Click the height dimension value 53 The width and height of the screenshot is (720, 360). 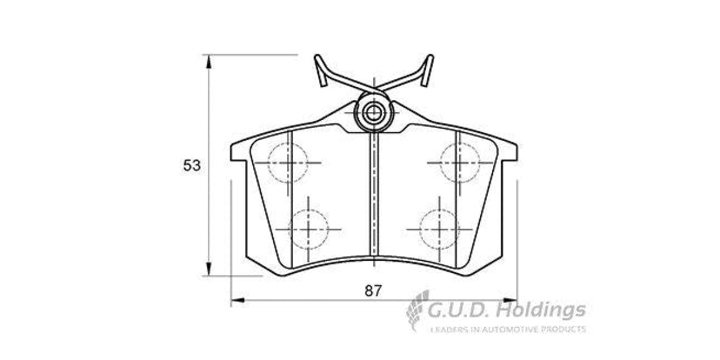coord(192,166)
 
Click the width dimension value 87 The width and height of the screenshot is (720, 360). coord(373,291)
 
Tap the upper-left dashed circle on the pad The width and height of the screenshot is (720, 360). coord(287,163)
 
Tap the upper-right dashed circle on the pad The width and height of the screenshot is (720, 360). coord(460,162)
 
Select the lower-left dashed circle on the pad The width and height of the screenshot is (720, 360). coord(308,229)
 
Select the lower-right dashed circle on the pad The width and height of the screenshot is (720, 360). coord(440,229)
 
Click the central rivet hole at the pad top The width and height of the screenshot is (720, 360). coord(374,112)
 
